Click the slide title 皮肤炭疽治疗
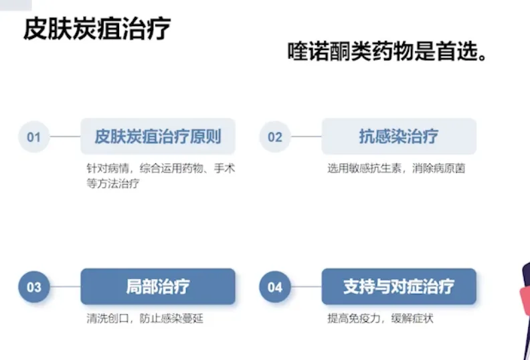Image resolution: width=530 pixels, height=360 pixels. coord(96,29)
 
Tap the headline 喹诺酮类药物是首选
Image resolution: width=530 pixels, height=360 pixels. coord(386,52)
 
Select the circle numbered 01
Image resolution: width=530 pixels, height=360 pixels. coord(34,137)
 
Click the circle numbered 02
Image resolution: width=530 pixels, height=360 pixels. coord(275,137)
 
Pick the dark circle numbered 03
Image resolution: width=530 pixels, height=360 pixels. coord(34,287)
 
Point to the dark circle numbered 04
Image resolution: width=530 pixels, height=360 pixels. coord(275,287)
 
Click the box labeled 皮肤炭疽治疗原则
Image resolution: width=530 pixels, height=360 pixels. coord(158,137)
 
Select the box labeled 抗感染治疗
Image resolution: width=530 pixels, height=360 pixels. coord(399,137)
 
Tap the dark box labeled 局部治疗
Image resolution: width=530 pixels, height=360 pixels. coord(158,286)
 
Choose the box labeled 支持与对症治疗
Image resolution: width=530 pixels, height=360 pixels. coord(399,286)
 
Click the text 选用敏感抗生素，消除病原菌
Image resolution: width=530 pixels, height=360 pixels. coord(396,169)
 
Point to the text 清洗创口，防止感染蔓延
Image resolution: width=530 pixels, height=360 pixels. coord(145,319)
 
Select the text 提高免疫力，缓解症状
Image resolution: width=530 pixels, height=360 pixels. coord(380,319)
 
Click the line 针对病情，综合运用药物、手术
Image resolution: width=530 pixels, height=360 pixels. coord(161,169)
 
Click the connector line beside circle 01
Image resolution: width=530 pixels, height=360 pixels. coord(66,137)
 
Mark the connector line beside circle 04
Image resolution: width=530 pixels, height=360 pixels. coord(306,287)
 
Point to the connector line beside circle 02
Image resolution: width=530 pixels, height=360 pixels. coord(306,137)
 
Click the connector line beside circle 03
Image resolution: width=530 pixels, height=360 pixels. coord(66,287)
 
